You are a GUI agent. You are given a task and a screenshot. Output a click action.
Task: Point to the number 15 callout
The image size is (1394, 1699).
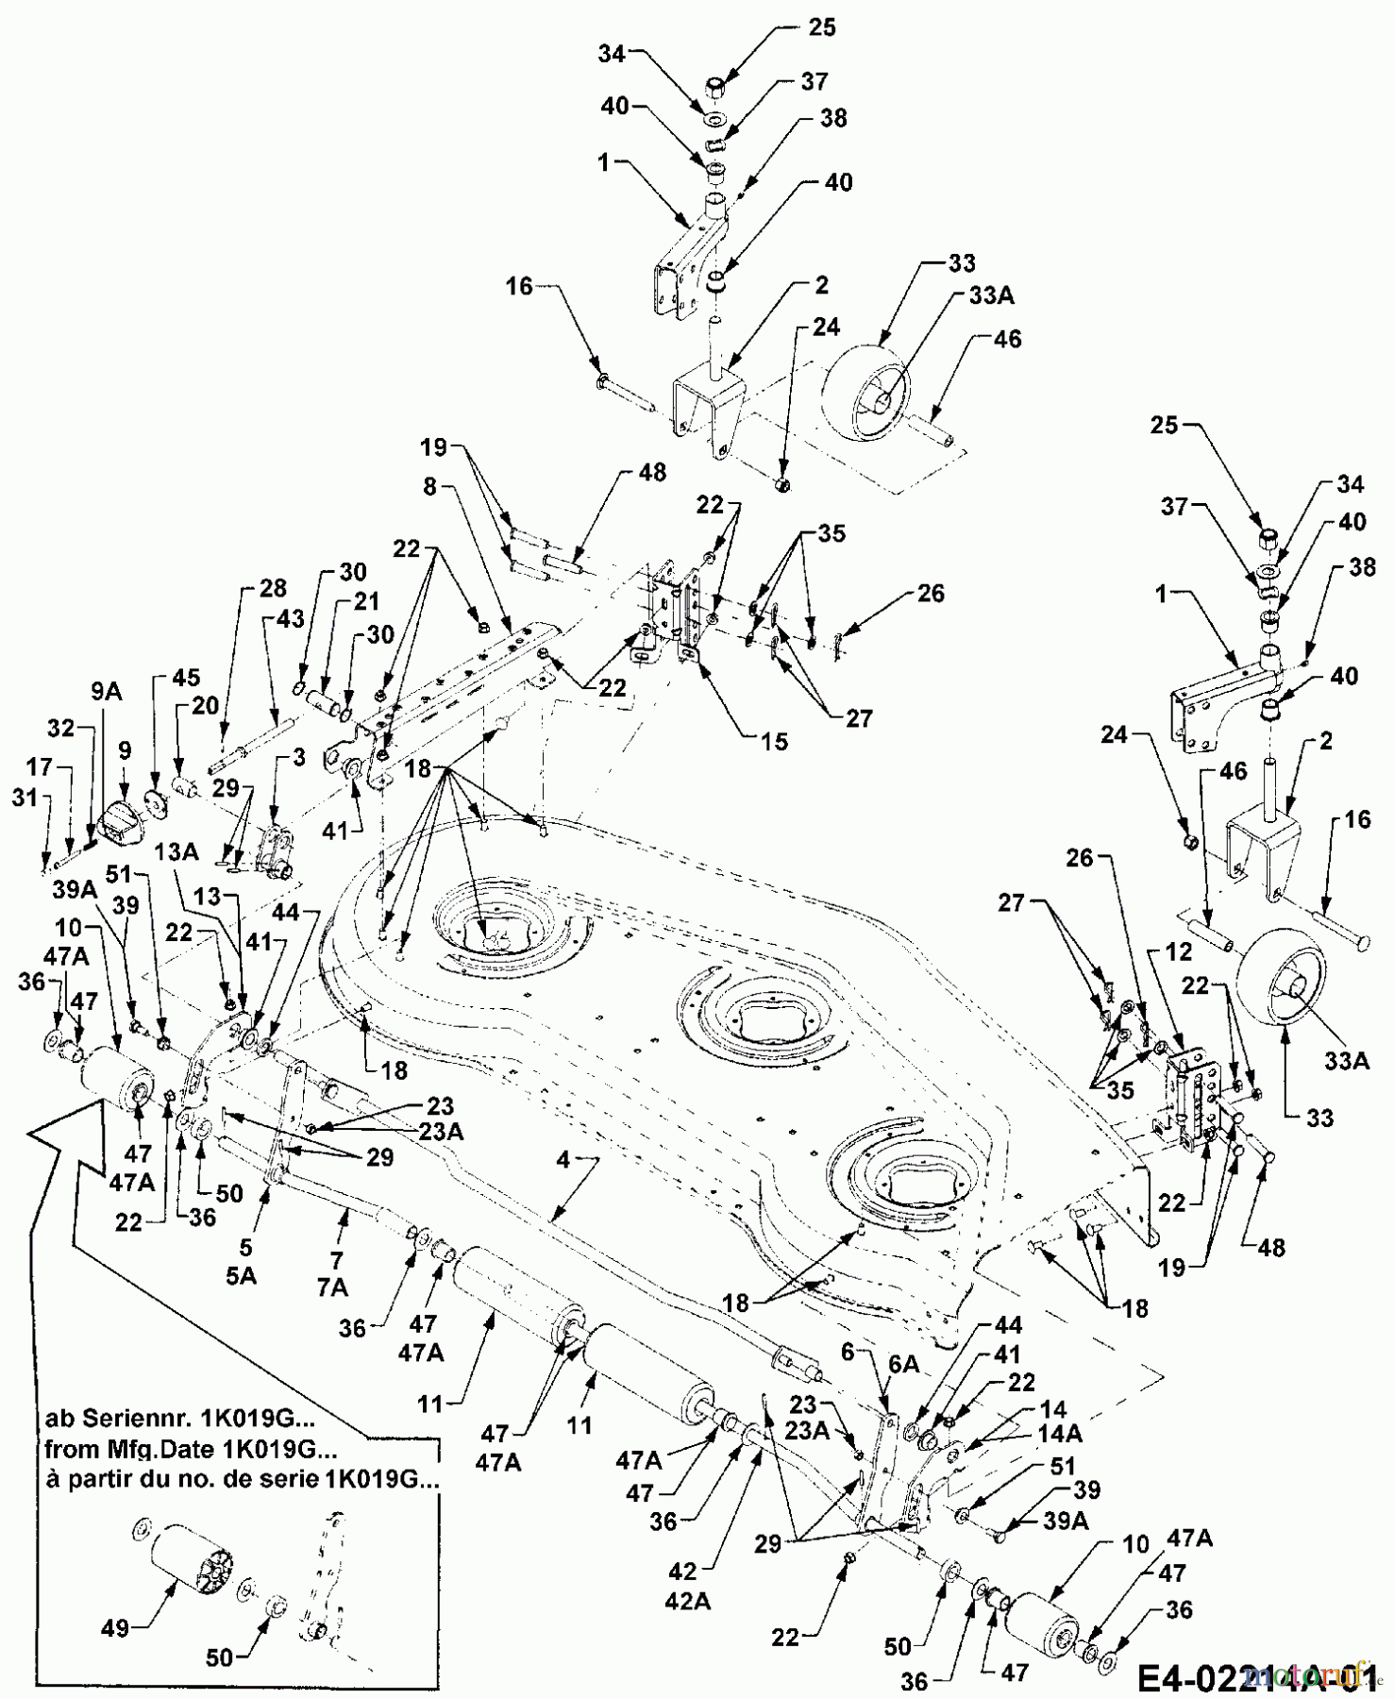point(774,742)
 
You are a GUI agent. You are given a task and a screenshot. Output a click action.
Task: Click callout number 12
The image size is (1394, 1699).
point(1181,954)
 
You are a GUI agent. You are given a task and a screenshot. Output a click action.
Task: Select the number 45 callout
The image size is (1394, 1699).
point(187,678)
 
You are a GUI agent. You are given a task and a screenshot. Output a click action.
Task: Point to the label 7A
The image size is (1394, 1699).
point(332,1287)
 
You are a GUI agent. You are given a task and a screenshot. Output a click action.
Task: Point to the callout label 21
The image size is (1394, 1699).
point(366,600)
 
